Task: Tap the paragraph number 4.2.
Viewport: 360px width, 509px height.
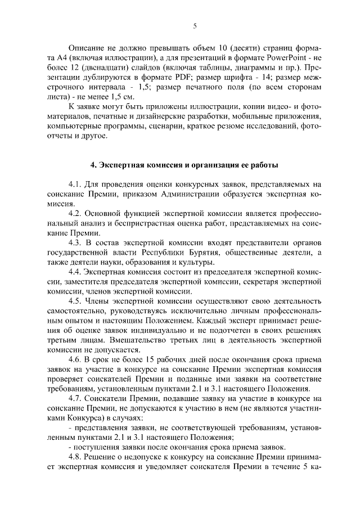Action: (x=75, y=215)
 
